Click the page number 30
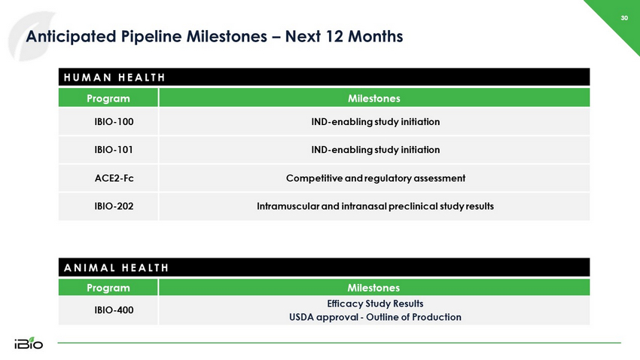tap(624, 18)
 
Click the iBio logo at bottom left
tap(29, 343)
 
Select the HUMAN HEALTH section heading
tap(114, 78)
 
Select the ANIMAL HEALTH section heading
tap(116, 268)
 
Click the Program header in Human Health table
tap(108, 99)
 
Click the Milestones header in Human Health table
tap(374, 99)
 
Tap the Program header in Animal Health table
tap(108, 288)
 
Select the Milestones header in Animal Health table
tap(373, 288)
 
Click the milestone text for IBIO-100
tap(376, 122)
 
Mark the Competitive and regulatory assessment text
tap(376, 178)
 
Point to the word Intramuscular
tap(288, 206)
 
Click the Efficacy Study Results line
tap(375, 304)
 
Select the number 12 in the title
tap(334, 36)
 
